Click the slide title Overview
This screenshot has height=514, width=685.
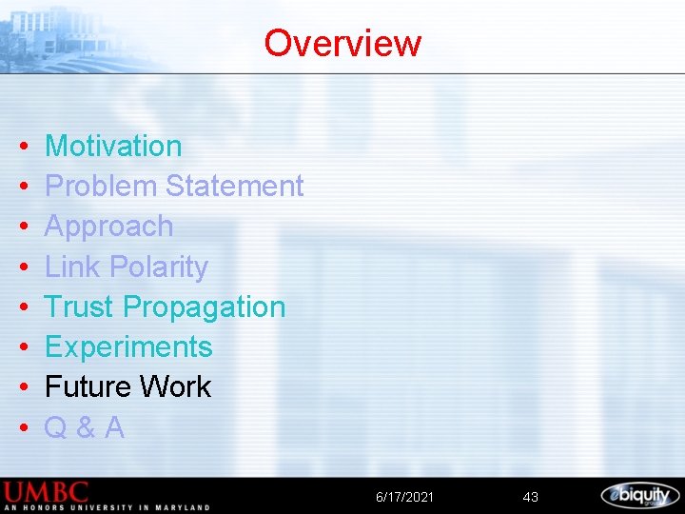[342, 43]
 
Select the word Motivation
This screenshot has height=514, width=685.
[113, 146]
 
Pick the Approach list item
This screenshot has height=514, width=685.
[109, 227]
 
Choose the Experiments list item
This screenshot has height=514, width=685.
[128, 347]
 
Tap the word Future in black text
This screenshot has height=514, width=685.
[88, 386]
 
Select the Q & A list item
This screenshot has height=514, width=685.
[85, 427]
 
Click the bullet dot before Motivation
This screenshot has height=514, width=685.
[22, 148]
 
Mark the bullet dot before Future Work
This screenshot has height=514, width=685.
[22, 388]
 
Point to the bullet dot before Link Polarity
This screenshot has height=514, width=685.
[22, 268]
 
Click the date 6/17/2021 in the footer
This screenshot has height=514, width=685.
[404, 497]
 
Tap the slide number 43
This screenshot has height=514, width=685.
[531, 497]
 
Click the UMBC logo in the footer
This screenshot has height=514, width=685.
[48, 493]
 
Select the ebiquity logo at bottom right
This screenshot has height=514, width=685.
[639, 495]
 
